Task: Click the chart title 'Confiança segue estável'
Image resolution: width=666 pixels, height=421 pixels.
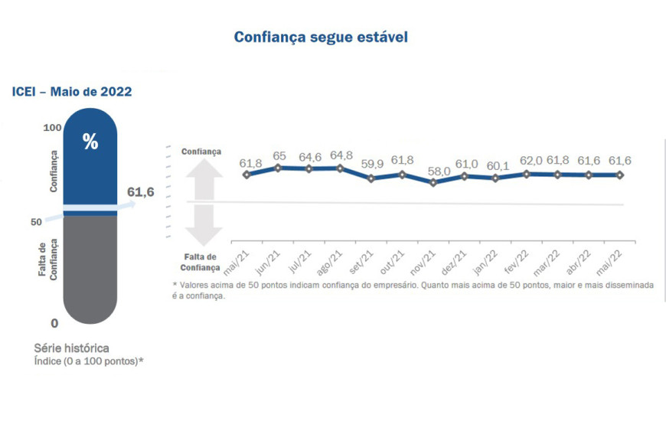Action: point(321,37)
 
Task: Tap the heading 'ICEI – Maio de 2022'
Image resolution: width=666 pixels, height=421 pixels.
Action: point(72,92)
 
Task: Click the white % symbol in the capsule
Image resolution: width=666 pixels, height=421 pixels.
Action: point(90,142)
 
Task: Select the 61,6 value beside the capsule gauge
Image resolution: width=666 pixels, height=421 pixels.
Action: point(140,191)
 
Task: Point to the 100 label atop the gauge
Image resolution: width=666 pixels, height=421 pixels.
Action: point(51,127)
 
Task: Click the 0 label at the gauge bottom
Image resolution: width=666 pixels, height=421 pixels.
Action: point(54,323)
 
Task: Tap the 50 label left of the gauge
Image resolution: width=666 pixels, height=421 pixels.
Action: point(36,222)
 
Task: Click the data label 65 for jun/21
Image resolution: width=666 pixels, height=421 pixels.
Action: point(279,156)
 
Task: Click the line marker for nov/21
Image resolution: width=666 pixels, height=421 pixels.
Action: point(434,183)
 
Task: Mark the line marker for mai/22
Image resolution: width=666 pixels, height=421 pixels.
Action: point(620,175)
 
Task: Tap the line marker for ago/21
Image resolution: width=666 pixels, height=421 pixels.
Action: point(340,168)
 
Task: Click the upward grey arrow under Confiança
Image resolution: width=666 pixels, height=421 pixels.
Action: point(203,176)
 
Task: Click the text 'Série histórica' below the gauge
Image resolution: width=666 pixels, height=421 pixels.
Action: point(71,348)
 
